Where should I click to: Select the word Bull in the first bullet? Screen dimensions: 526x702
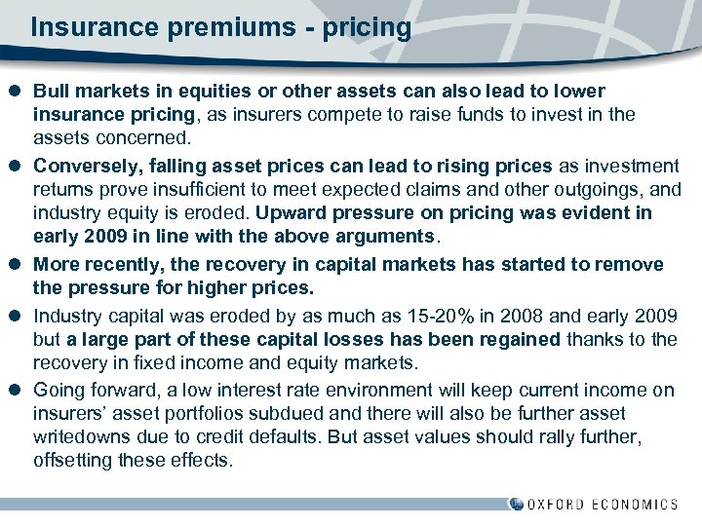click(52, 91)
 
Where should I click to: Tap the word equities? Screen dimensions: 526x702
click(191, 91)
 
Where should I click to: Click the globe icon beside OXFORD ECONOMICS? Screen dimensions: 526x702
click(516, 504)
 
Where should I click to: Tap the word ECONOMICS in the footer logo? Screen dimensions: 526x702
click(635, 505)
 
